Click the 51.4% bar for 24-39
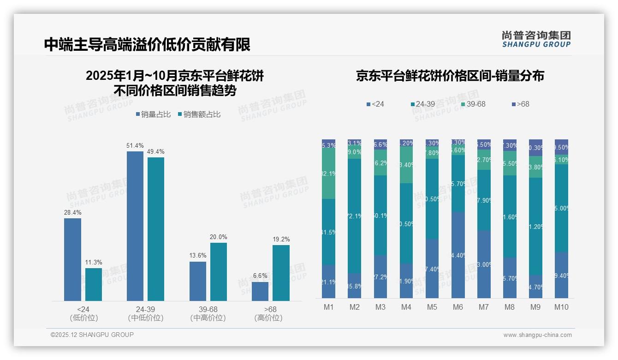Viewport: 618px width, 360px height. tap(135, 226)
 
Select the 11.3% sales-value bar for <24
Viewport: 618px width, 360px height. tap(94, 284)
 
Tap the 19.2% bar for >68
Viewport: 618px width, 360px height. tap(281, 273)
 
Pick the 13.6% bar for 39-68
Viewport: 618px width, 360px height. tap(198, 281)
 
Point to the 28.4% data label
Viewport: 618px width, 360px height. tap(72, 213)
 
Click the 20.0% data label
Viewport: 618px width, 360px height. tap(219, 237)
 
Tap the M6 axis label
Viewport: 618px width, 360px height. tap(458, 307)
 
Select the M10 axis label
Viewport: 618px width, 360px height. tap(561, 307)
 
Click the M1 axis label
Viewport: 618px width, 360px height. tap(328, 307)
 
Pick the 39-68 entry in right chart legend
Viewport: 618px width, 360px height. tap(473, 104)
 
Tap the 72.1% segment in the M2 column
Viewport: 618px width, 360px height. tap(354, 216)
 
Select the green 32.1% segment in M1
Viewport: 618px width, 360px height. tap(328, 174)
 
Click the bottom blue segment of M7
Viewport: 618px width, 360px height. tap(484, 264)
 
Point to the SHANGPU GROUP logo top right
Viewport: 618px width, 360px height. tap(536, 39)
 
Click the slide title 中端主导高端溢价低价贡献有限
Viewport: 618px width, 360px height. tap(147, 45)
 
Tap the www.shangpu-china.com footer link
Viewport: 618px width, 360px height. tap(537, 335)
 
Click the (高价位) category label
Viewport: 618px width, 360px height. tap(268, 318)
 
